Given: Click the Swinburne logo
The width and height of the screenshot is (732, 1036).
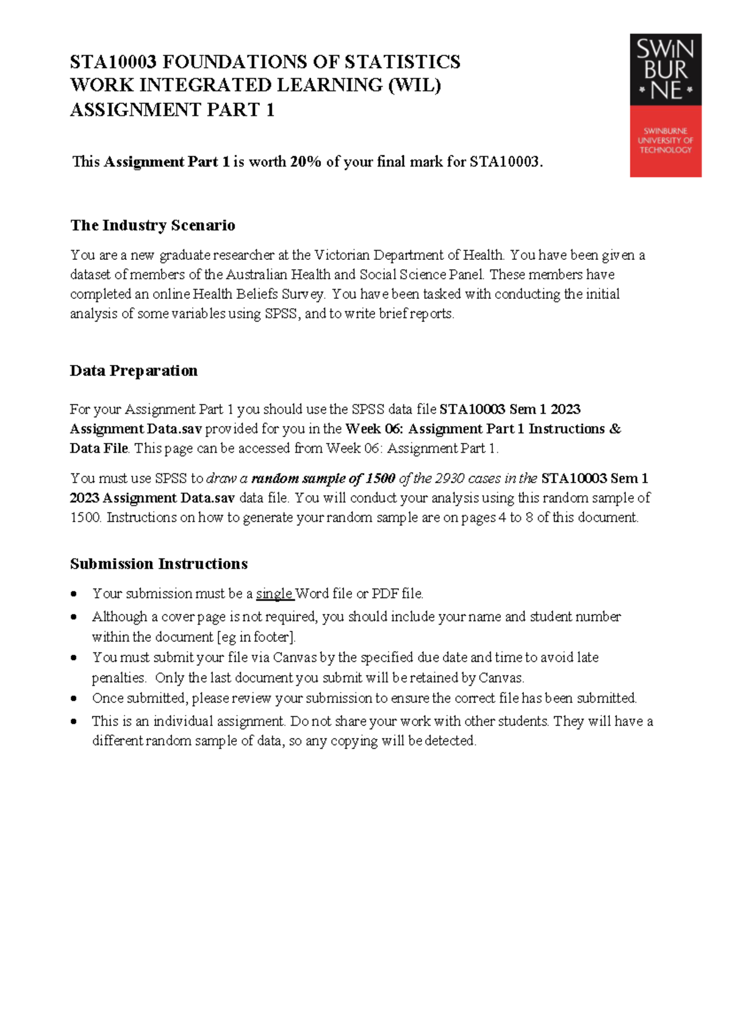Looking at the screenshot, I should point(666,105).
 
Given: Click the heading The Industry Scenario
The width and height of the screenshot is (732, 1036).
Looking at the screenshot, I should point(152,225).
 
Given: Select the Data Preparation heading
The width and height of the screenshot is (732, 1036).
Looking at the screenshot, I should point(134,370).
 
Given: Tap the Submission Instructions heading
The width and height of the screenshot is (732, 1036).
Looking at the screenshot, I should point(159,563).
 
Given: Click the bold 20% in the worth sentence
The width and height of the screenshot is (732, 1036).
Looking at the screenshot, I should point(305,162).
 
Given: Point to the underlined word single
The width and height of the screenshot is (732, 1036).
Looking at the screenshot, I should point(274,593).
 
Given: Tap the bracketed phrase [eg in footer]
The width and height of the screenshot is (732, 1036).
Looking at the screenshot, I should point(256,636).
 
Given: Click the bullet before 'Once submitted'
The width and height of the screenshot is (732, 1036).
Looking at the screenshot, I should point(74,698).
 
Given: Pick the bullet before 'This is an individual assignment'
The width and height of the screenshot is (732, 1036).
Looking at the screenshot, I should point(74,721).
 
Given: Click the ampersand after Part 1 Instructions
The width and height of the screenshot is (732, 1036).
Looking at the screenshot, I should point(615,428).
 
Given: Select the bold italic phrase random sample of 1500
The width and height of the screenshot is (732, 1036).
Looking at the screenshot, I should point(323,478).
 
